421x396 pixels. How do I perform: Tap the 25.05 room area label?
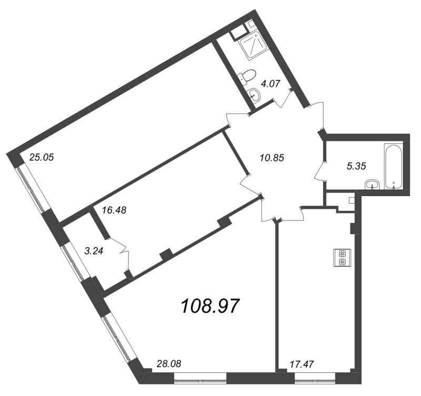pyautogui.click(x=42, y=157)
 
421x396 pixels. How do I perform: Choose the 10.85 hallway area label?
pyautogui.click(x=272, y=157)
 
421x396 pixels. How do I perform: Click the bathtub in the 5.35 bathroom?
pyautogui.click(x=394, y=165)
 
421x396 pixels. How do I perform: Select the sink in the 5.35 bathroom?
pyautogui.click(x=373, y=185)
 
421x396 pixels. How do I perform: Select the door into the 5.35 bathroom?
pyautogui.click(x=320, y=171)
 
